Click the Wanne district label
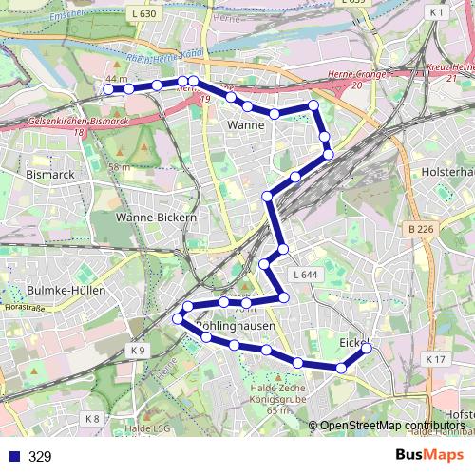pos(246,124)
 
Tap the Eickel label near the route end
pos(353,341)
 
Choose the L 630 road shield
pos(144,14)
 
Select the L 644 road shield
pos(304,275)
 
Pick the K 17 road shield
pos(435,358)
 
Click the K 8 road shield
pos(91,418)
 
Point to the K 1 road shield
pos(437,12)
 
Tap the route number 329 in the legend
pos(40,457)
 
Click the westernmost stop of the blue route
pos(108,88)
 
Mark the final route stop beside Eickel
pos(367,349)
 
